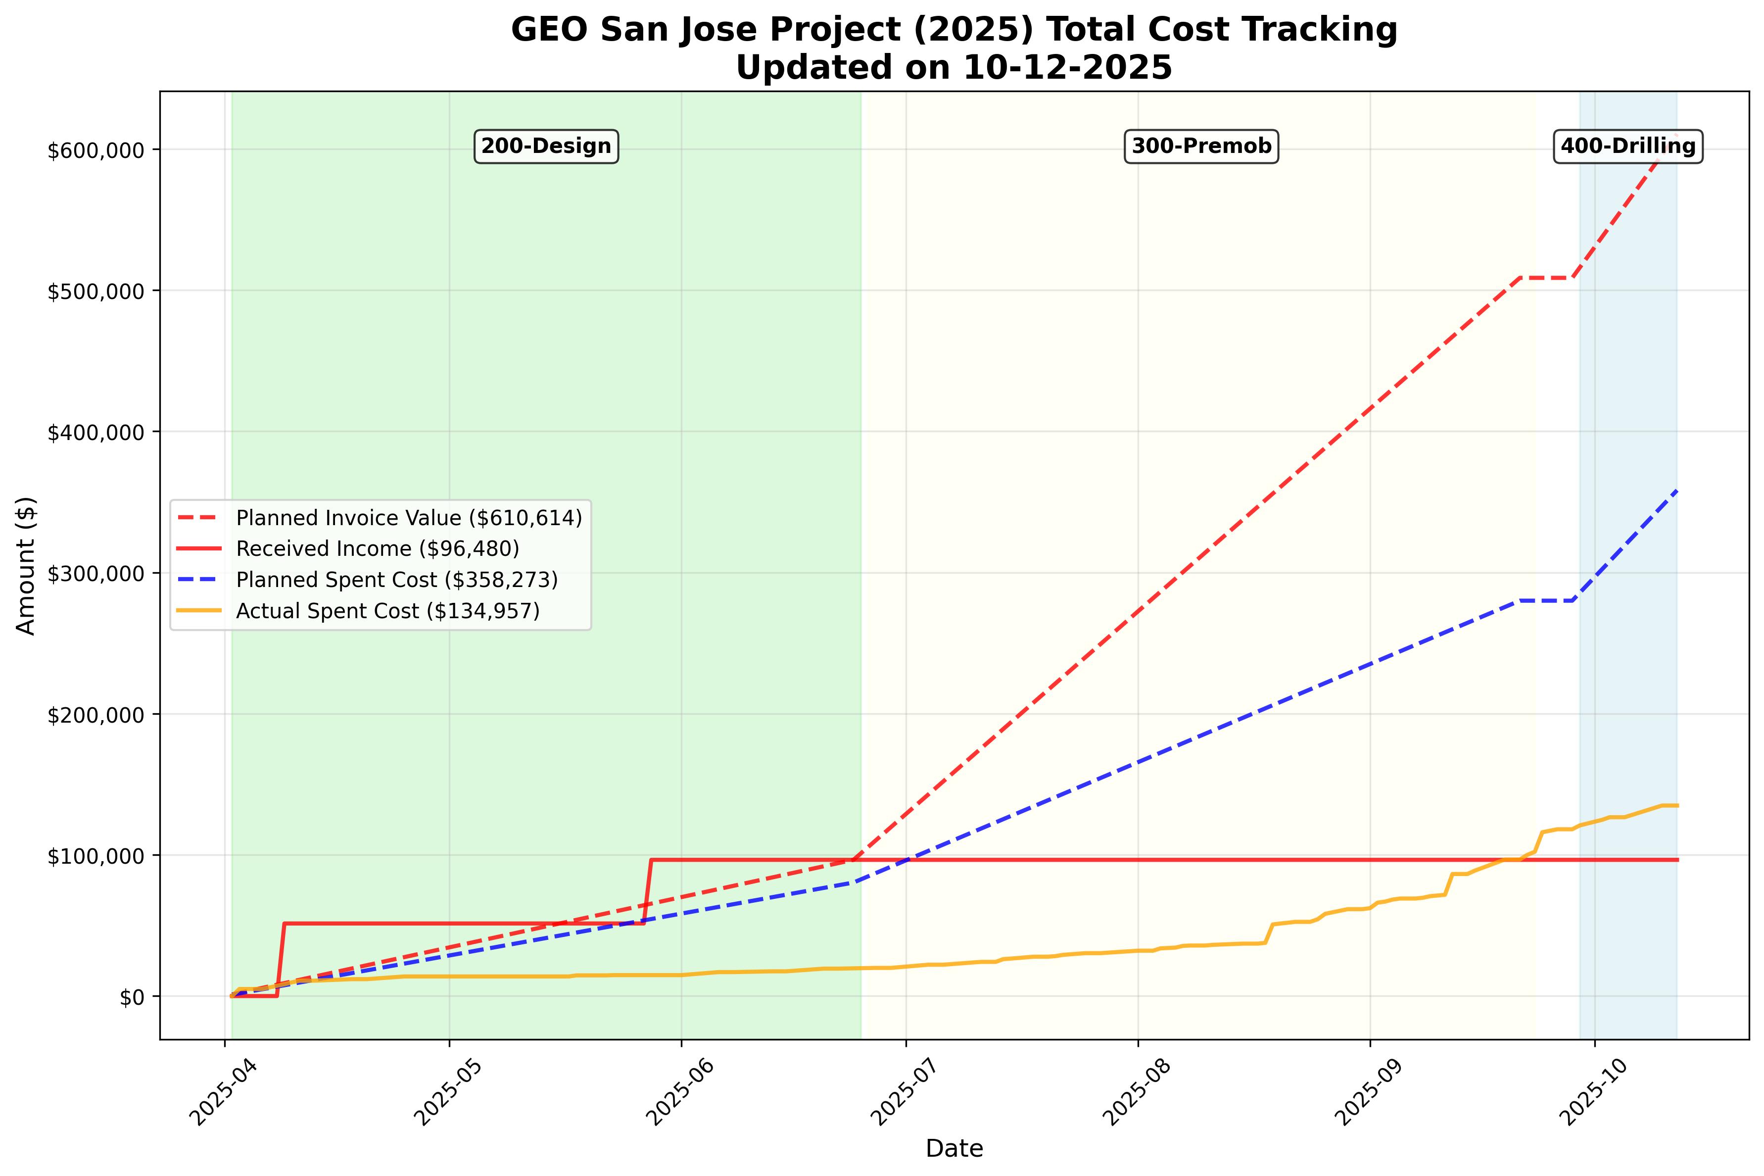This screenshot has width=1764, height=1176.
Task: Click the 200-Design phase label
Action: (x=546, y=146)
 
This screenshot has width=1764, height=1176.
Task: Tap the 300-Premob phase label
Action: (x=1201, y=146)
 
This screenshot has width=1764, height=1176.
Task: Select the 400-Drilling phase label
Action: (x=1627, y=146)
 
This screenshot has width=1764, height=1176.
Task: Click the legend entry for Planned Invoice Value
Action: (x=409, y=518)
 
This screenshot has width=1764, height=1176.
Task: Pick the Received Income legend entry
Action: (x=377, y=549)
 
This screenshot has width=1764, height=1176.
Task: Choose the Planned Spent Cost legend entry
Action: (x=396, y=580)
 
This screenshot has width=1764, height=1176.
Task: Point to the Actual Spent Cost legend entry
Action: (x=387, y=611)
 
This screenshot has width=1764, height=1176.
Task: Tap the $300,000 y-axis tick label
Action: (x=95, y=574)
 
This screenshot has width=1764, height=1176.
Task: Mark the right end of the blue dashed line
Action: (x=1677, y=490)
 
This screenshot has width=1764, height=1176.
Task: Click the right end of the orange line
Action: (x=1677, y=805)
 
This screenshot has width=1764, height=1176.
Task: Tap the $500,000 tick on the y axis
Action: (x=95, y=292)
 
